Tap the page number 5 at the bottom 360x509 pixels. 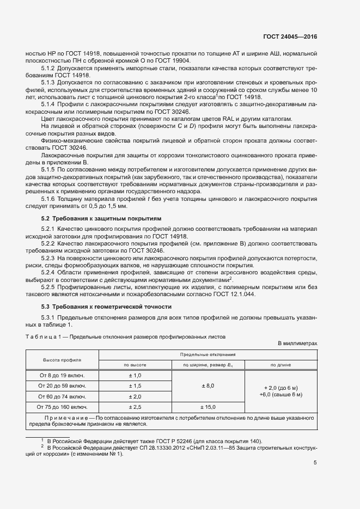pos(315,463)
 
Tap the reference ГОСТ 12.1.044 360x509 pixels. pos(233,295)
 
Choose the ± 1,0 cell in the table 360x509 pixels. pos(135,376)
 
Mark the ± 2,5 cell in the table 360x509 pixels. pos(135,407)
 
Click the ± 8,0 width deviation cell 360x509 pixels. pos(208,386)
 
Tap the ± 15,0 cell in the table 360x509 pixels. pos(208,407)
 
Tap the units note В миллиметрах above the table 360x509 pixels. pos(297,344)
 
